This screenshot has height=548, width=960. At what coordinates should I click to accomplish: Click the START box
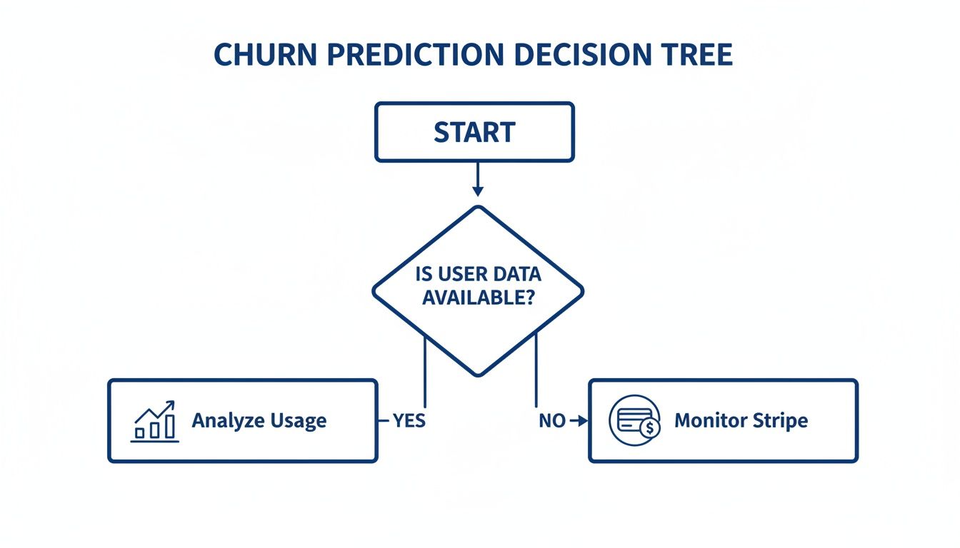[474, 132]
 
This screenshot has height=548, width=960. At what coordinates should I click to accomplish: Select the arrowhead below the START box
[478, 191]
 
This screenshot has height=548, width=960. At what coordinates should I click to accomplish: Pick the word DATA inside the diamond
[516, 274]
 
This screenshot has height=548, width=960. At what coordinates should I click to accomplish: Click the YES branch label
[409, 421]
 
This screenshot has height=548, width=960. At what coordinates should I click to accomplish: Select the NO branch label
[552, 421]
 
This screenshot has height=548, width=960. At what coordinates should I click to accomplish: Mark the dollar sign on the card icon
[649, 428]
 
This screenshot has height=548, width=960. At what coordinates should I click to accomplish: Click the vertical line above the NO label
[536, 371]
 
